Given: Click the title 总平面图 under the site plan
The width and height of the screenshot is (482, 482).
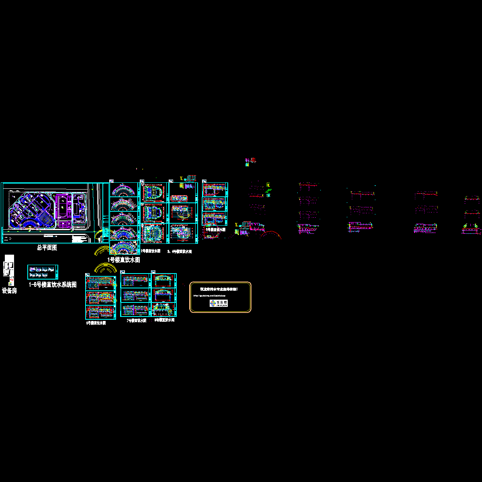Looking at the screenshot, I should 47,248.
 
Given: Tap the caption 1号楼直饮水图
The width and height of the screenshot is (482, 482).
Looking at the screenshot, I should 124,260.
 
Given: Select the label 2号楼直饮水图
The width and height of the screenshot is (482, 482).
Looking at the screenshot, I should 151,251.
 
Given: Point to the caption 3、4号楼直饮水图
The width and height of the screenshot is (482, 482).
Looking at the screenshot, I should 180,252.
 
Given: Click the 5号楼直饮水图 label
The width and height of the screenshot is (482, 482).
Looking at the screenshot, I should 216,230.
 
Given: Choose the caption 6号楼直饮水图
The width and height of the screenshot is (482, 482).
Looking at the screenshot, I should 96,323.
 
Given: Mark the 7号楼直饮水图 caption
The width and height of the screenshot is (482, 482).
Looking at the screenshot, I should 137,321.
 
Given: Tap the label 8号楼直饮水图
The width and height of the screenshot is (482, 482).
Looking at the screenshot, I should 165,320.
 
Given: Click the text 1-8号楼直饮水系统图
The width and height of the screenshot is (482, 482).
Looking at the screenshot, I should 53,285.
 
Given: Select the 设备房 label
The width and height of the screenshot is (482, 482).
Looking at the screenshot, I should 9,291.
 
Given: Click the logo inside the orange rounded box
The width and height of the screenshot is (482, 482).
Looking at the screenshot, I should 219,303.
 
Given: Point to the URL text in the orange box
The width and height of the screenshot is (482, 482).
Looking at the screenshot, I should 209,296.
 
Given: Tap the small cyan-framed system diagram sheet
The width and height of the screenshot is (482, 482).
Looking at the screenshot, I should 43,272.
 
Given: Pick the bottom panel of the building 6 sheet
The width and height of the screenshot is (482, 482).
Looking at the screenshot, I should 100,312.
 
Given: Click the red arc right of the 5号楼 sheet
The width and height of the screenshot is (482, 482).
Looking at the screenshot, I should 271,235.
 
